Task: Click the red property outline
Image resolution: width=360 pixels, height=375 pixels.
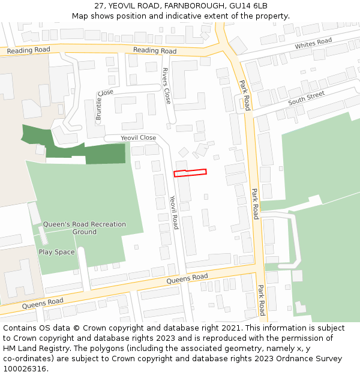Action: tap(190, 173)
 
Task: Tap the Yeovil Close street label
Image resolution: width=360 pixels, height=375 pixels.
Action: tap(138, 138)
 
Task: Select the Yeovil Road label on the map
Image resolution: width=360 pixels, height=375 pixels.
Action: tap(173, 212)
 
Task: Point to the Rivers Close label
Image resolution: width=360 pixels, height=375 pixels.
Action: tap(167, 85)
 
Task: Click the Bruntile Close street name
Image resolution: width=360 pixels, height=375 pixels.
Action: tap(100, 105)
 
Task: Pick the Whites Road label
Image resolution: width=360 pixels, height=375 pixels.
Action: tap(313, 44)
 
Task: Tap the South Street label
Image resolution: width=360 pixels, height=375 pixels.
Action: tap(306, 98)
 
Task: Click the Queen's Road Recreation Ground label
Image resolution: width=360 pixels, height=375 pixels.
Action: tap(85, 228)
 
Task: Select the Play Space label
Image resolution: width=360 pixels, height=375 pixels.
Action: tap(56, 252)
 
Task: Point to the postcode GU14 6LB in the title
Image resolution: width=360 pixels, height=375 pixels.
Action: tap(251, 6)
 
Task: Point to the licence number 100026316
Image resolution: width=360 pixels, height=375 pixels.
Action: tap(26, 369)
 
